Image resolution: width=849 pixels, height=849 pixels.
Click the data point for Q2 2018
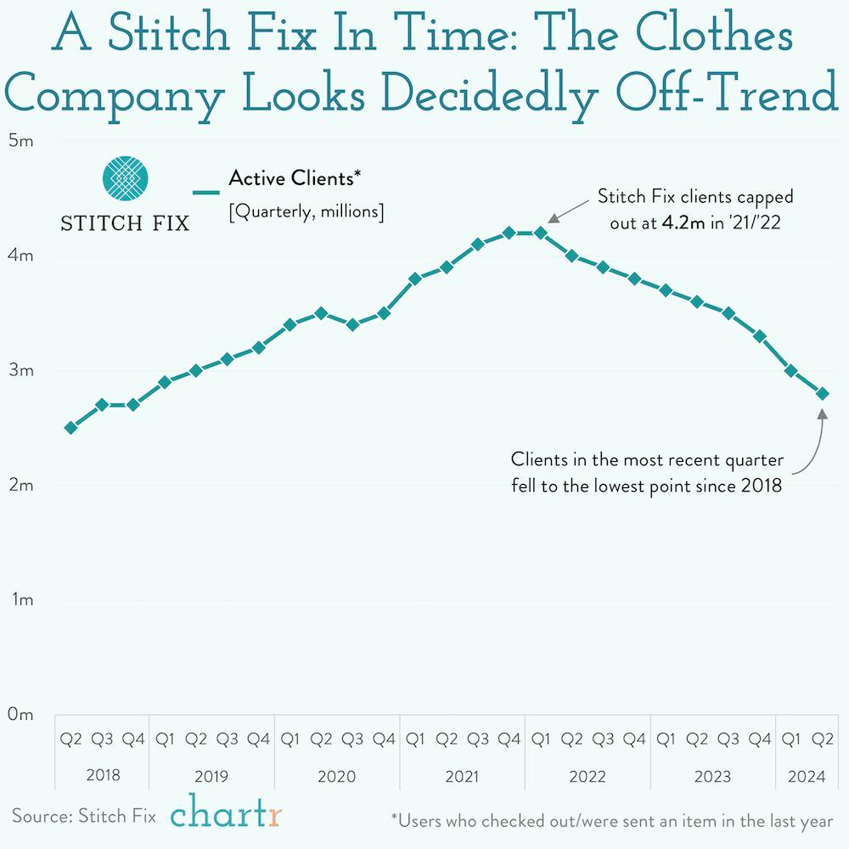pos(71,428)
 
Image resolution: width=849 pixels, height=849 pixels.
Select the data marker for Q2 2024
pos(822,393)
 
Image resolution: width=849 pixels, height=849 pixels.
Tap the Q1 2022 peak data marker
pos(540,233)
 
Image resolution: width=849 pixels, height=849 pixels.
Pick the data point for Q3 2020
pos(352,324)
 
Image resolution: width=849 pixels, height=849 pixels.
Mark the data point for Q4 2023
pos(760,336)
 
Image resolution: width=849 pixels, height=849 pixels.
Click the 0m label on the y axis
pos(20,715)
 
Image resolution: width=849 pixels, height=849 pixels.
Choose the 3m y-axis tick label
pos(20,371)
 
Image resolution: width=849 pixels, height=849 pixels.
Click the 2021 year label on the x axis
pos(462,776)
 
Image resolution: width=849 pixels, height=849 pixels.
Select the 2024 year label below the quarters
pos(807,776)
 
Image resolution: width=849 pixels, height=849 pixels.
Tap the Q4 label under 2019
pos(258,739)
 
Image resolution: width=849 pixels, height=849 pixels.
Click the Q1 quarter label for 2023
pos(666,739)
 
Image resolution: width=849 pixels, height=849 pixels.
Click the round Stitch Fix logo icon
pos(125,178)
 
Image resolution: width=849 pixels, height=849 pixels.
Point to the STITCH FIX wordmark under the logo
pos(125,224)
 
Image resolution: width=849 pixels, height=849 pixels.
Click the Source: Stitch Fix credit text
pos(84,817)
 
